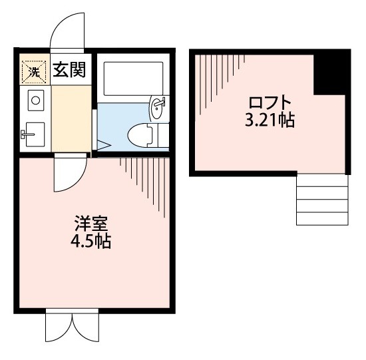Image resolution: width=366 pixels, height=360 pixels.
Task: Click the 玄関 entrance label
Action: [69, 69]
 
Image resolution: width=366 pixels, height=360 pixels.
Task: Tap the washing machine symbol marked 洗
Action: [32, 71]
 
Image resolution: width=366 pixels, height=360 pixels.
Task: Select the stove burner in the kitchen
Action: [34, 101]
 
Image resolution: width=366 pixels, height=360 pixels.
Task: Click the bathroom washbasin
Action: [158, 107]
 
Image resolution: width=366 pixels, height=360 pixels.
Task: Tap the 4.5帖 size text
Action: [91, 241]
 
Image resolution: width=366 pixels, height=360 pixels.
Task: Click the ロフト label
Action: [270, 103]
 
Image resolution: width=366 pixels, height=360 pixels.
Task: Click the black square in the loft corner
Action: [331, 73]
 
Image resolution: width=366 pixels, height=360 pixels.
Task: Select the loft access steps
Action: [322, 200]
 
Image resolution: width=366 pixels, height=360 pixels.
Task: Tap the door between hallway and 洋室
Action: [69, 172]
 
